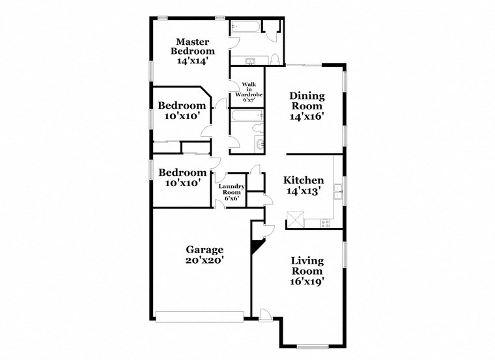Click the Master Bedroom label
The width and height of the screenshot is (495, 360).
[193, 46]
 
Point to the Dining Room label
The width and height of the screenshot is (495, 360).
[307, 101]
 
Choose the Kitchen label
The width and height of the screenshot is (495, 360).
[304, 180]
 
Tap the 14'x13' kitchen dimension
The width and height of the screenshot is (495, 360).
[304, 192]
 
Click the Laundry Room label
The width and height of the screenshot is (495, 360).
[231, 189]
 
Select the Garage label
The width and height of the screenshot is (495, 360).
[205, 249]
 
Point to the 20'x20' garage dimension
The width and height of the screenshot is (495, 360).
[205, 260]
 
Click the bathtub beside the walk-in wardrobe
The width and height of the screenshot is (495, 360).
[246, 117]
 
